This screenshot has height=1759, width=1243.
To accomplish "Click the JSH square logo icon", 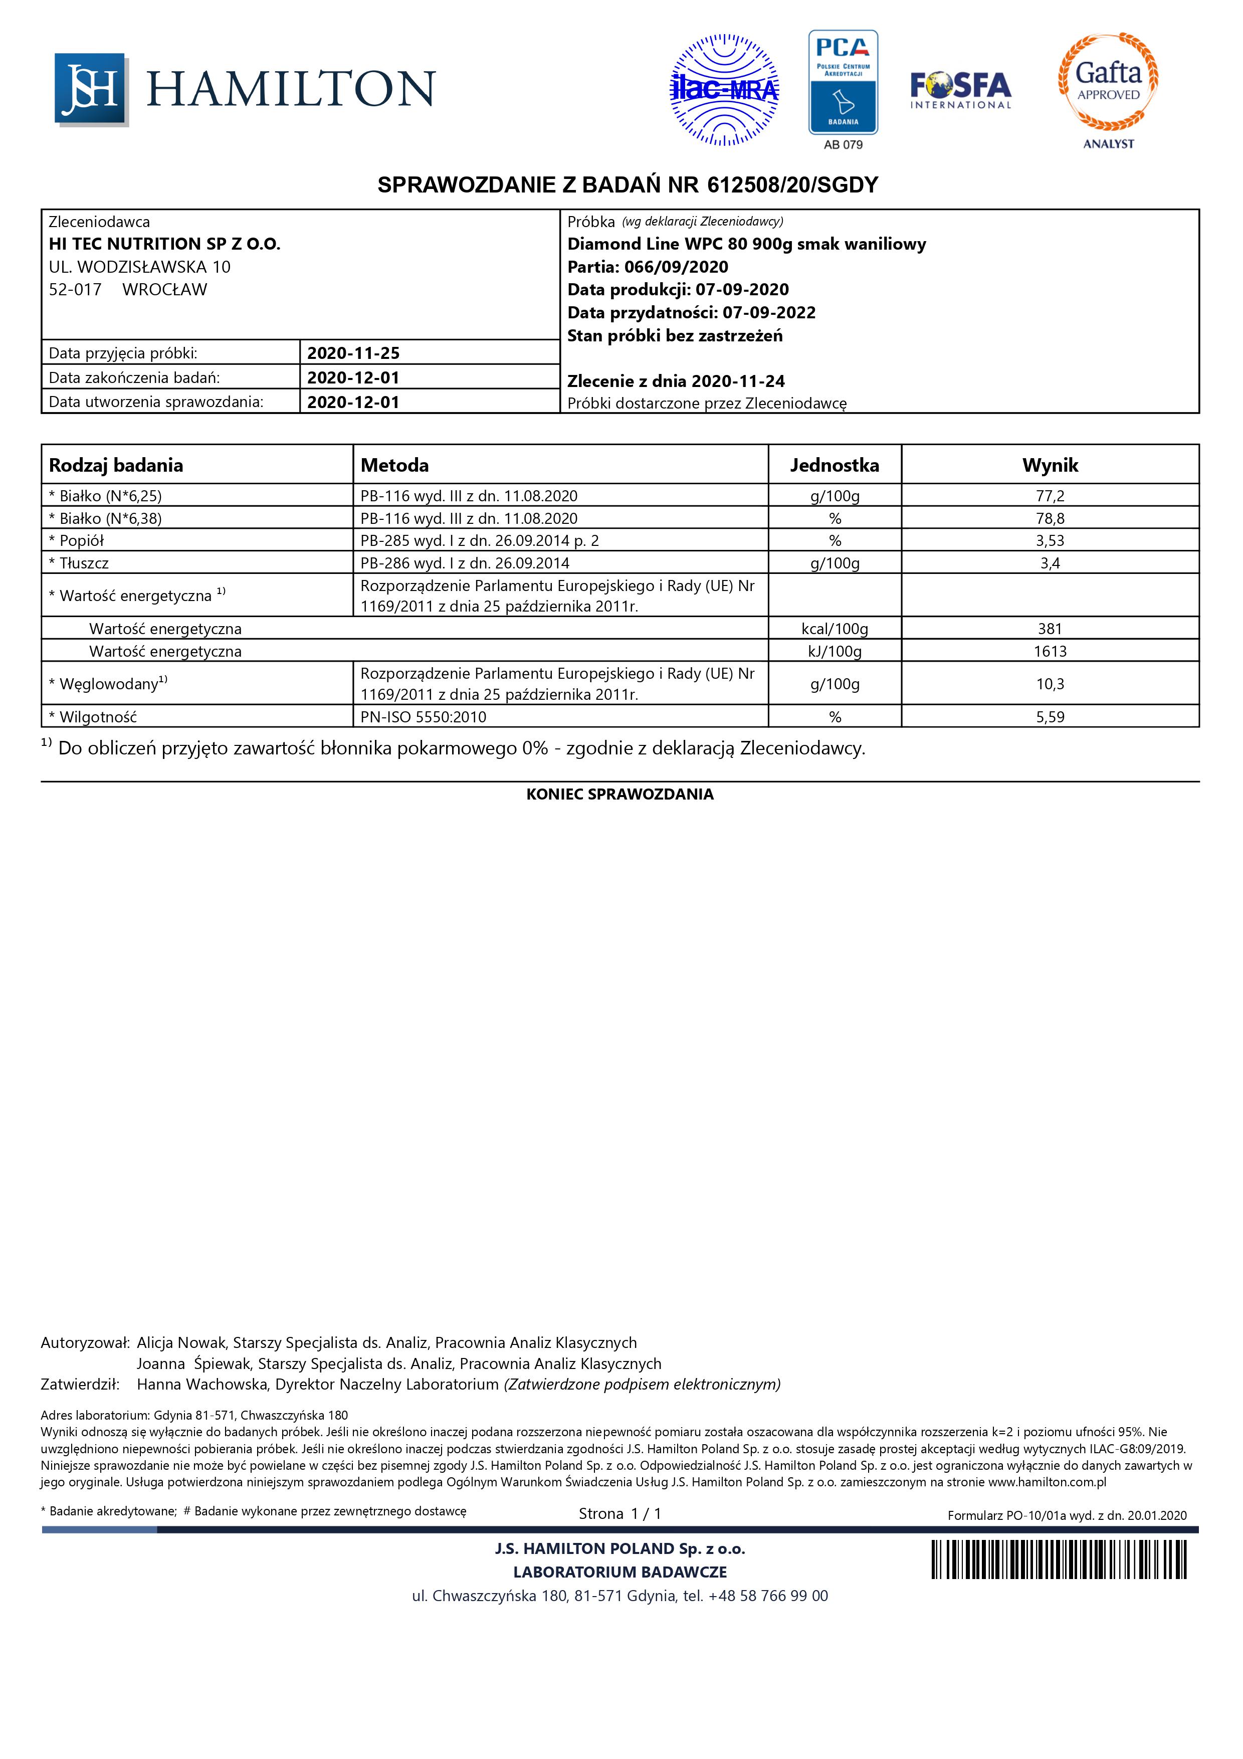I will [x=90, y=88].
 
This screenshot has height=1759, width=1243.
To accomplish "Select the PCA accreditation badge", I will [x=843, y=83].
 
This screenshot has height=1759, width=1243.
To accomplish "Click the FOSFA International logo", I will [x=960, y=90].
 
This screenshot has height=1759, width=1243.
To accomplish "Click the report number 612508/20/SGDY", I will [x=793, y=184].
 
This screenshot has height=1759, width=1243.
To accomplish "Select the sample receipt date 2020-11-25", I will [x=353, y=353].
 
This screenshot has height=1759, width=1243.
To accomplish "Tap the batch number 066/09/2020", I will [x=676, y=267].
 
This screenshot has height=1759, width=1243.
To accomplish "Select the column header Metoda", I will [x=394, y=465].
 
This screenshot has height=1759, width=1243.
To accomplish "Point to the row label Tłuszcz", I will [x=84, y=563].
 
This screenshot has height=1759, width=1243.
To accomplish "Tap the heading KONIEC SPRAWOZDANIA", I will [x=619, y=795].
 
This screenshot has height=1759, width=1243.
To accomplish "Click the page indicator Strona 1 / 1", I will [x=619, y=1514].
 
